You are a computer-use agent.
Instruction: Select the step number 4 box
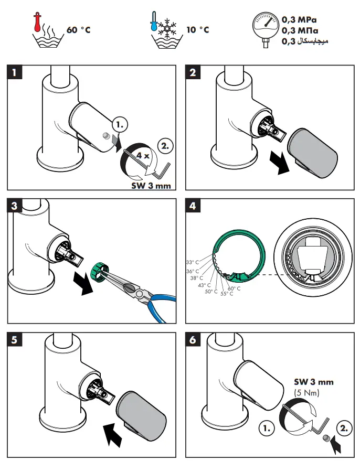193,206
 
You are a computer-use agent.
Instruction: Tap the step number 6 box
193,339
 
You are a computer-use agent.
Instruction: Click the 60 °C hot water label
79,30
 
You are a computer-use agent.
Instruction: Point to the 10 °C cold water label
198,30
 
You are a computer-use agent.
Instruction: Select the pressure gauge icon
265,29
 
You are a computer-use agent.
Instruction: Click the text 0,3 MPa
299,20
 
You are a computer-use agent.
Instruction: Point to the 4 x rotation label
143,156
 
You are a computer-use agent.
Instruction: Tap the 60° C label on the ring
234,288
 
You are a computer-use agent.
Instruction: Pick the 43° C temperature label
204,285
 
